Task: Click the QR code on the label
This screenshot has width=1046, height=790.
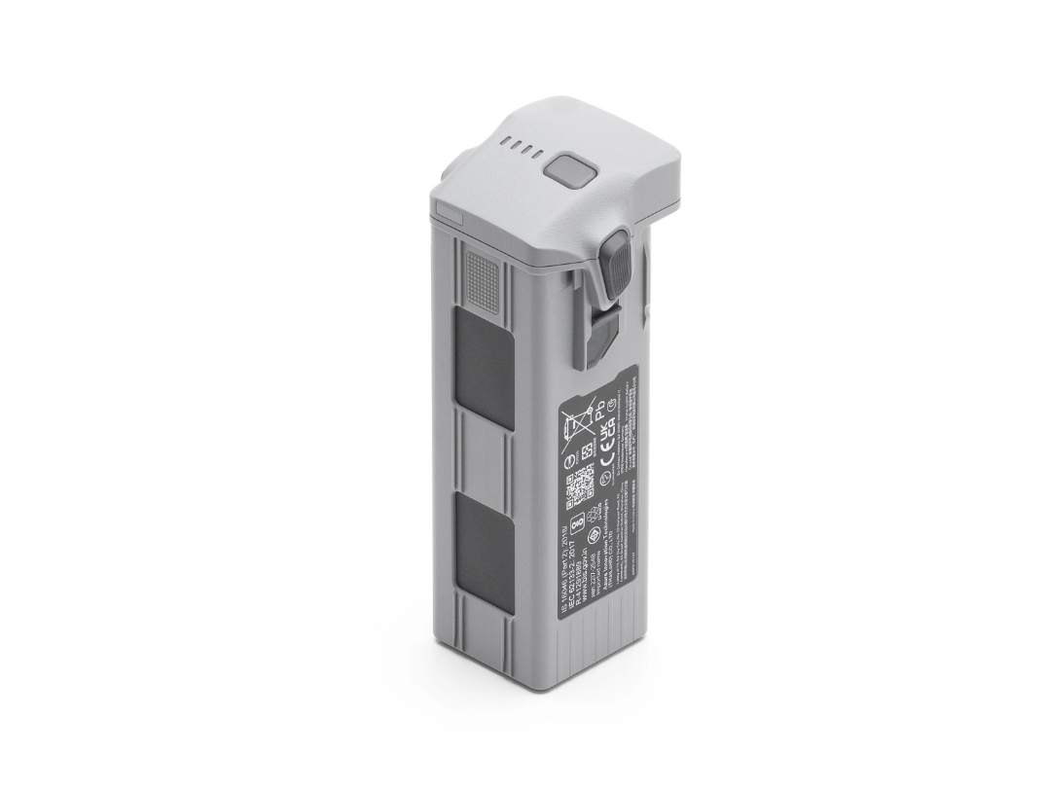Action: pos(581,483)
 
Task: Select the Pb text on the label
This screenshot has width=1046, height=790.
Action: pos(600,403)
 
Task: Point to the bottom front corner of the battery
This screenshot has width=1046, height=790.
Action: pos(554,687)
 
